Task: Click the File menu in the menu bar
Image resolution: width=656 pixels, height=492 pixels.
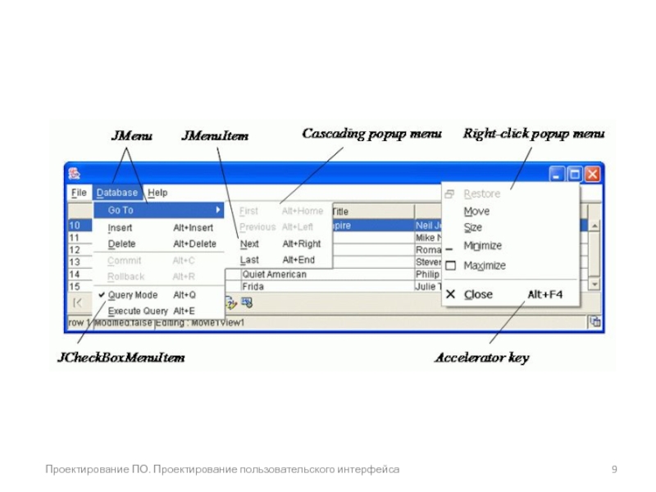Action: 79,193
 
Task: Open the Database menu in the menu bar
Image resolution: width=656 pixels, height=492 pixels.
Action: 116,193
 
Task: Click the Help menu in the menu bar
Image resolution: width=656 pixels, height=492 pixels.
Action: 157,193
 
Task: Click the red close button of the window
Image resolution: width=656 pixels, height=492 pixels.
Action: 592,174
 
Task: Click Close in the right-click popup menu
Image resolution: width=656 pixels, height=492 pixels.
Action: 478,294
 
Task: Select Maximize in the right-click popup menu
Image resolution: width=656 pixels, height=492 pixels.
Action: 485,266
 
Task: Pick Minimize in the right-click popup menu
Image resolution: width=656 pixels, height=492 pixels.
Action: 482,246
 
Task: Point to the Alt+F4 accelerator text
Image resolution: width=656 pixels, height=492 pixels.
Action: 544,294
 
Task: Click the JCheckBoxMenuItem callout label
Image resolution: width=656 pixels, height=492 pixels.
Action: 121,358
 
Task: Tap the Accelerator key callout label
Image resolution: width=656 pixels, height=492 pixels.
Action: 481,358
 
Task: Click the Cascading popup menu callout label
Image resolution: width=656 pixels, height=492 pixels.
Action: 371,133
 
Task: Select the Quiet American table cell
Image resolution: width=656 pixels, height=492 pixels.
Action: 275,275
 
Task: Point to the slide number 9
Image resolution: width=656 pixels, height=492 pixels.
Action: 614,469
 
